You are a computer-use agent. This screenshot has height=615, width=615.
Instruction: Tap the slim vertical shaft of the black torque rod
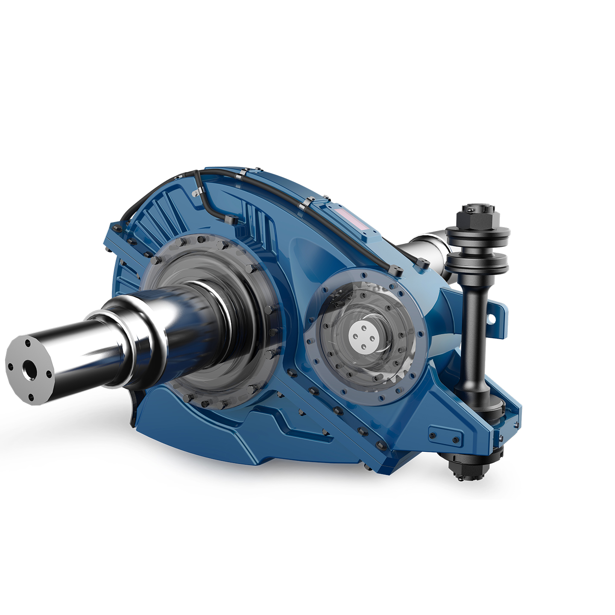pyautogui.click(x=473, y=333)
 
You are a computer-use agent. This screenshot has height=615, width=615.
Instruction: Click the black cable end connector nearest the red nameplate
pyautogui.click(x=395, y=270)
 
